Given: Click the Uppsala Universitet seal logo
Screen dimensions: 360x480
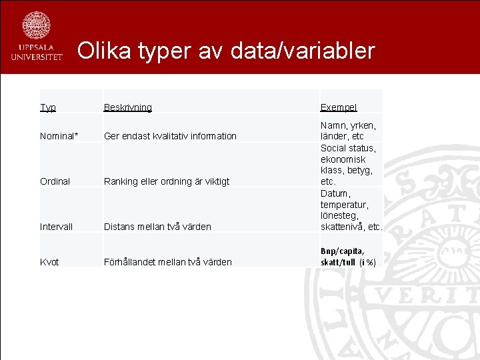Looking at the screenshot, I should (x=36, y=25).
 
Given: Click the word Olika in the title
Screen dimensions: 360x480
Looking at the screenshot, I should (x=105, y=51).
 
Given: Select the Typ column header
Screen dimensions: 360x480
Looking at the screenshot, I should (x=48, y=107).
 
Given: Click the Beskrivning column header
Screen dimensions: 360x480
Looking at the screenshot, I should (x=127, y=107).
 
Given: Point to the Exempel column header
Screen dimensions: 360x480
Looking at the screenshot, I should (x=338, y=107).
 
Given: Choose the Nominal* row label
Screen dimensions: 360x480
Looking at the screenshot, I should (x=59, y=136).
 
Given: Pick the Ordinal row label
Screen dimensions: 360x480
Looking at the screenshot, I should (x=55, y=181).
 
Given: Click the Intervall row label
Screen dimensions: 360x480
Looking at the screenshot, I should (x=56, y=227).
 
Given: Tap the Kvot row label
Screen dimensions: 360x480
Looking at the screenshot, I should (x=49, y=262).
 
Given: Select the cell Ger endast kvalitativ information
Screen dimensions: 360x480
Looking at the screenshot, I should (x=170, y=136).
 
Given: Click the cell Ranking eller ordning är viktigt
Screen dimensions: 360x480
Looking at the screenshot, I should (x=166, y=181).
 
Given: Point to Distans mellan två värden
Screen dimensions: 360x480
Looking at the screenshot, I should (x=157, y=227).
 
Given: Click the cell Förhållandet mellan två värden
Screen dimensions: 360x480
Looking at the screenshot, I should (x=167, y=262).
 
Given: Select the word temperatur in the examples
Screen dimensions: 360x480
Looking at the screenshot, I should (x=344, y=205).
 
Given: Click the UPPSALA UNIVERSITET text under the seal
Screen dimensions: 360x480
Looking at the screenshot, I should (x=36, y=53).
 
